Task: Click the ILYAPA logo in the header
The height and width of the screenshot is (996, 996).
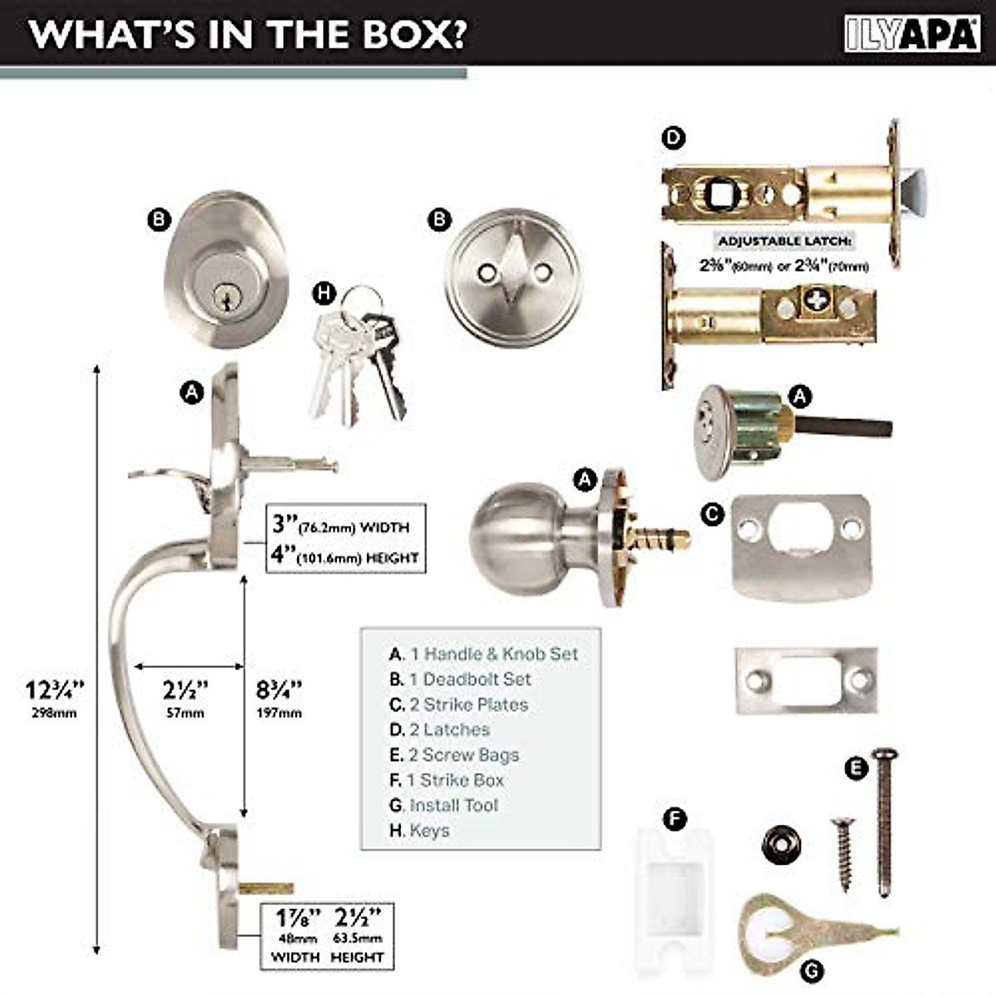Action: [911, 34]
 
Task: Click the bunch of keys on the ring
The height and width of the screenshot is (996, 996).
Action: [357, 357]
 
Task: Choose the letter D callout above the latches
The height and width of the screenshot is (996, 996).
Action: [674, 137]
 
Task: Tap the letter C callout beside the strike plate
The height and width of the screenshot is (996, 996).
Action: [711, 515]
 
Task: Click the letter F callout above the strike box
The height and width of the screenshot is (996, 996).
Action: [675, 820]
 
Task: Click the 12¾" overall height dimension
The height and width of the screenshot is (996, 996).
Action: [55, 691]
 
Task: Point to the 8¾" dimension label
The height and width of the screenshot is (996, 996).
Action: [279, 691]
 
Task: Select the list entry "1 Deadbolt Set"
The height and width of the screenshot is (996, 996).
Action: [469, 679]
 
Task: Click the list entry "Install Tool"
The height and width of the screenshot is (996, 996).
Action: [453, 805]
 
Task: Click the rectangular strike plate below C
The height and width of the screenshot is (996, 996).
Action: [806, 681]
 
